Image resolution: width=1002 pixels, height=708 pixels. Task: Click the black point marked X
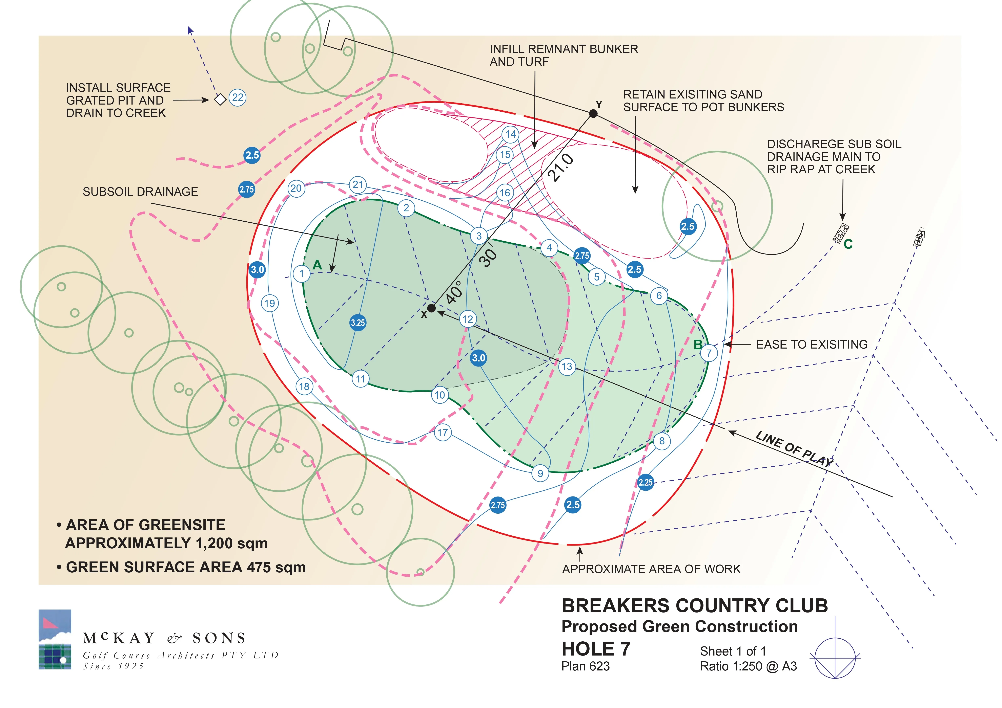[431, 308]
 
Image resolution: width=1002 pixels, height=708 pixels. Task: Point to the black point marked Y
[593, 113]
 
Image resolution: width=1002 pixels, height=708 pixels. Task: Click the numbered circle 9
[540, 473]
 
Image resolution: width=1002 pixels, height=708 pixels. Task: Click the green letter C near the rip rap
[848, 244]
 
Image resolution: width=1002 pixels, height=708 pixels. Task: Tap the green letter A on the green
[317, 265]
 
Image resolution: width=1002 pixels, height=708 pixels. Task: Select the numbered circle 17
[443, 433]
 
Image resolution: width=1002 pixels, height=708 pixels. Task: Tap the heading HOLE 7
[596, 649]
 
